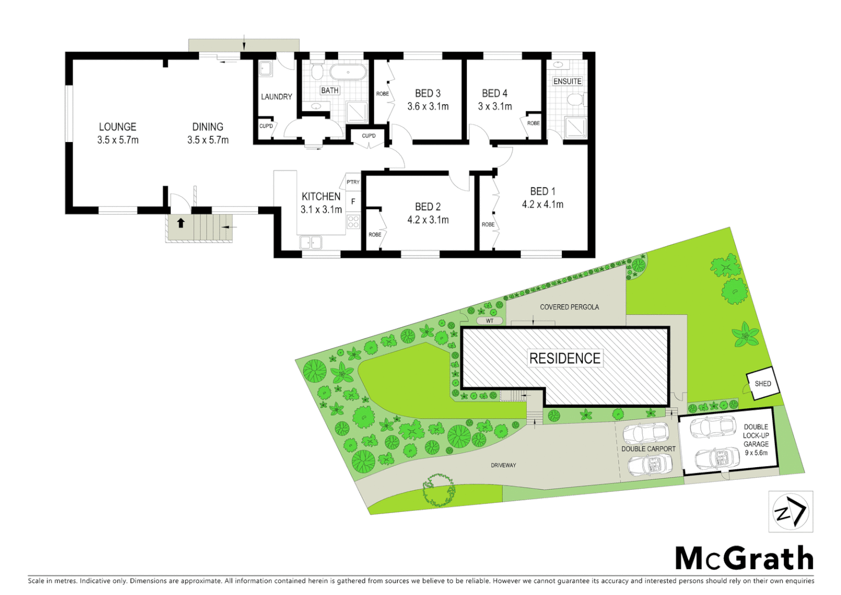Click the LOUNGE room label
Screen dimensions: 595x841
(117, 127)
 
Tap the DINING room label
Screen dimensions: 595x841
(207, 127)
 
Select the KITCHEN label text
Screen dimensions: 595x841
(321, 197)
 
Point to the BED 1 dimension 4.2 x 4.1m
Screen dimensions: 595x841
(542, 204)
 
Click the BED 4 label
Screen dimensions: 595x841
(494, 94)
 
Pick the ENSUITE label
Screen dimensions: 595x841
(567, 81)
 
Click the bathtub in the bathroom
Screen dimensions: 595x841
(347, 73)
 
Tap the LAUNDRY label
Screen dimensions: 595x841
(276, 97)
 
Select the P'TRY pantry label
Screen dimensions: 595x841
(353, 182)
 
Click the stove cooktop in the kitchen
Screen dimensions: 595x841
(353, 221)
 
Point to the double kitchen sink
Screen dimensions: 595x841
(310, 242)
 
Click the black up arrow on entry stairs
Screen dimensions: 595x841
(181, 223)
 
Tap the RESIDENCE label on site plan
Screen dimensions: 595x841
(565, 359)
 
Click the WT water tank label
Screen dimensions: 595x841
(489, 321)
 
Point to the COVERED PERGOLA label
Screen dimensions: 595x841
(569, 307)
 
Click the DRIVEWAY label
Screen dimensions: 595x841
(503, 466)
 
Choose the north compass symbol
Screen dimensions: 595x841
(790, 512)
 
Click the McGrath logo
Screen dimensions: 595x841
(744, 559)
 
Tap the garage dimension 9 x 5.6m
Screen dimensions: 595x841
(756, 453)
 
